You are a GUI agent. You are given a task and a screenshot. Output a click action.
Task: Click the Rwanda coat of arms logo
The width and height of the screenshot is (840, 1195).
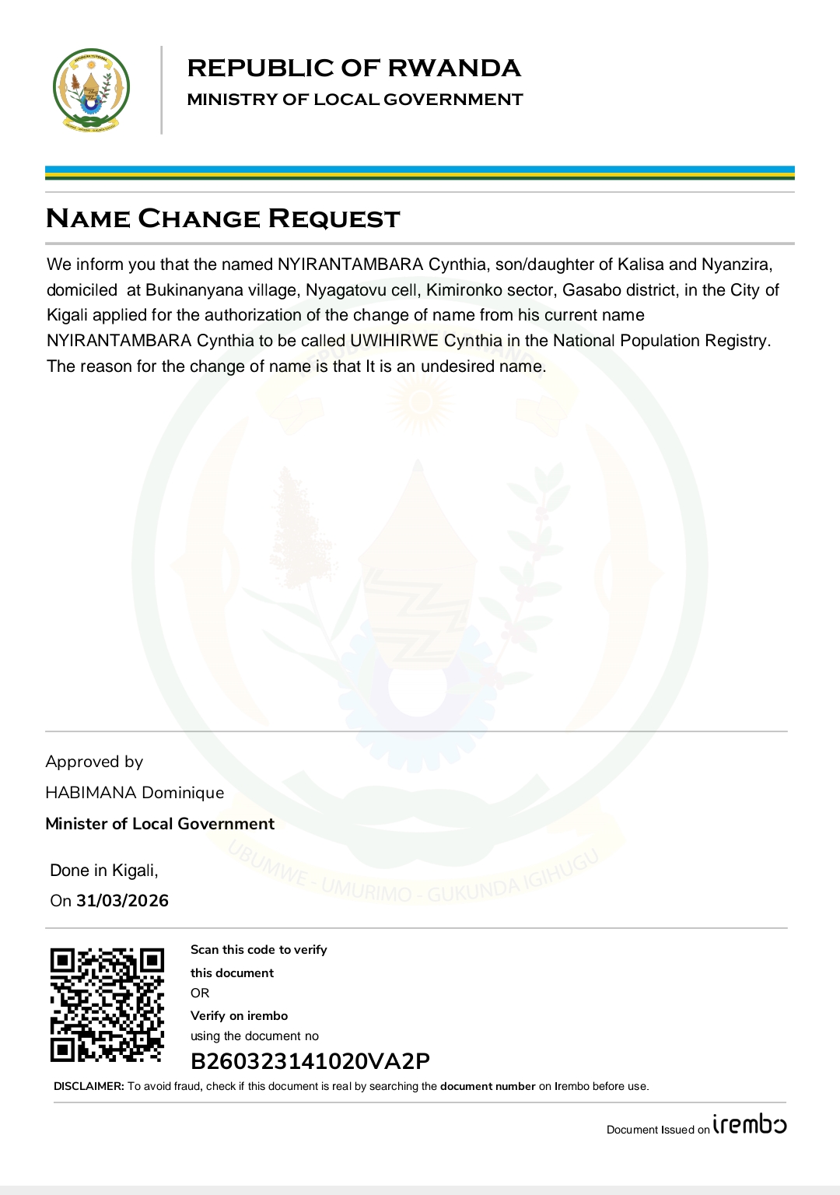coord(91,90)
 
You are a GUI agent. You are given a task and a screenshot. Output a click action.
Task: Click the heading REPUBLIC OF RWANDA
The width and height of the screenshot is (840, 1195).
coord(354,68)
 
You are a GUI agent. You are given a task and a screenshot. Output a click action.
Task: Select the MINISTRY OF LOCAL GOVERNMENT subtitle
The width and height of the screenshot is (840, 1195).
coord(355,100)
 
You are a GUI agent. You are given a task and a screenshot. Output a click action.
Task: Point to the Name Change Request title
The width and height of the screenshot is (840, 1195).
coord(222,219)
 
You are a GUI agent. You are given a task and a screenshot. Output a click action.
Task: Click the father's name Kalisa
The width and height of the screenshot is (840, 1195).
coord(641,265)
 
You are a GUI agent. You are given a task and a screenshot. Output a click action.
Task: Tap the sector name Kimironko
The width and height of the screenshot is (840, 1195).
coord(464,290)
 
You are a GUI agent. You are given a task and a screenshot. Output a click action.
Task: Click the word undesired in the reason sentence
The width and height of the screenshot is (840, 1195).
coord(458,366)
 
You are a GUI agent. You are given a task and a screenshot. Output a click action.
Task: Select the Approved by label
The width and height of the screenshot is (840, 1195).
coord(94,762)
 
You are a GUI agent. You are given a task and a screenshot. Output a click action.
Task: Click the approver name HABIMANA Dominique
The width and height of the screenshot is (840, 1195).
coord(135,793)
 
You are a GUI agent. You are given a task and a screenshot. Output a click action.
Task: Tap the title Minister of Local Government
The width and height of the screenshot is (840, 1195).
coord(159,824)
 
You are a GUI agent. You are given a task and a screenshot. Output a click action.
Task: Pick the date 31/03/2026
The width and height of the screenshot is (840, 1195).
coord(122,901)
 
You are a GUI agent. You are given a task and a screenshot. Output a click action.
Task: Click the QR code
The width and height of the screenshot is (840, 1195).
coord(107,1004)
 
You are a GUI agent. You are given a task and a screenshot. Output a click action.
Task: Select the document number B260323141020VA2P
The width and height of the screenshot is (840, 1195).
coord(310,1061)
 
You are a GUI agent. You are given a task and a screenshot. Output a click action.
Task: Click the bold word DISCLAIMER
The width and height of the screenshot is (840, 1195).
coord(89,1086)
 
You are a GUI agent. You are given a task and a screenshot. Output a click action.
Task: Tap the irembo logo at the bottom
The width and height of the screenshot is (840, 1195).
coord(750,1125)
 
